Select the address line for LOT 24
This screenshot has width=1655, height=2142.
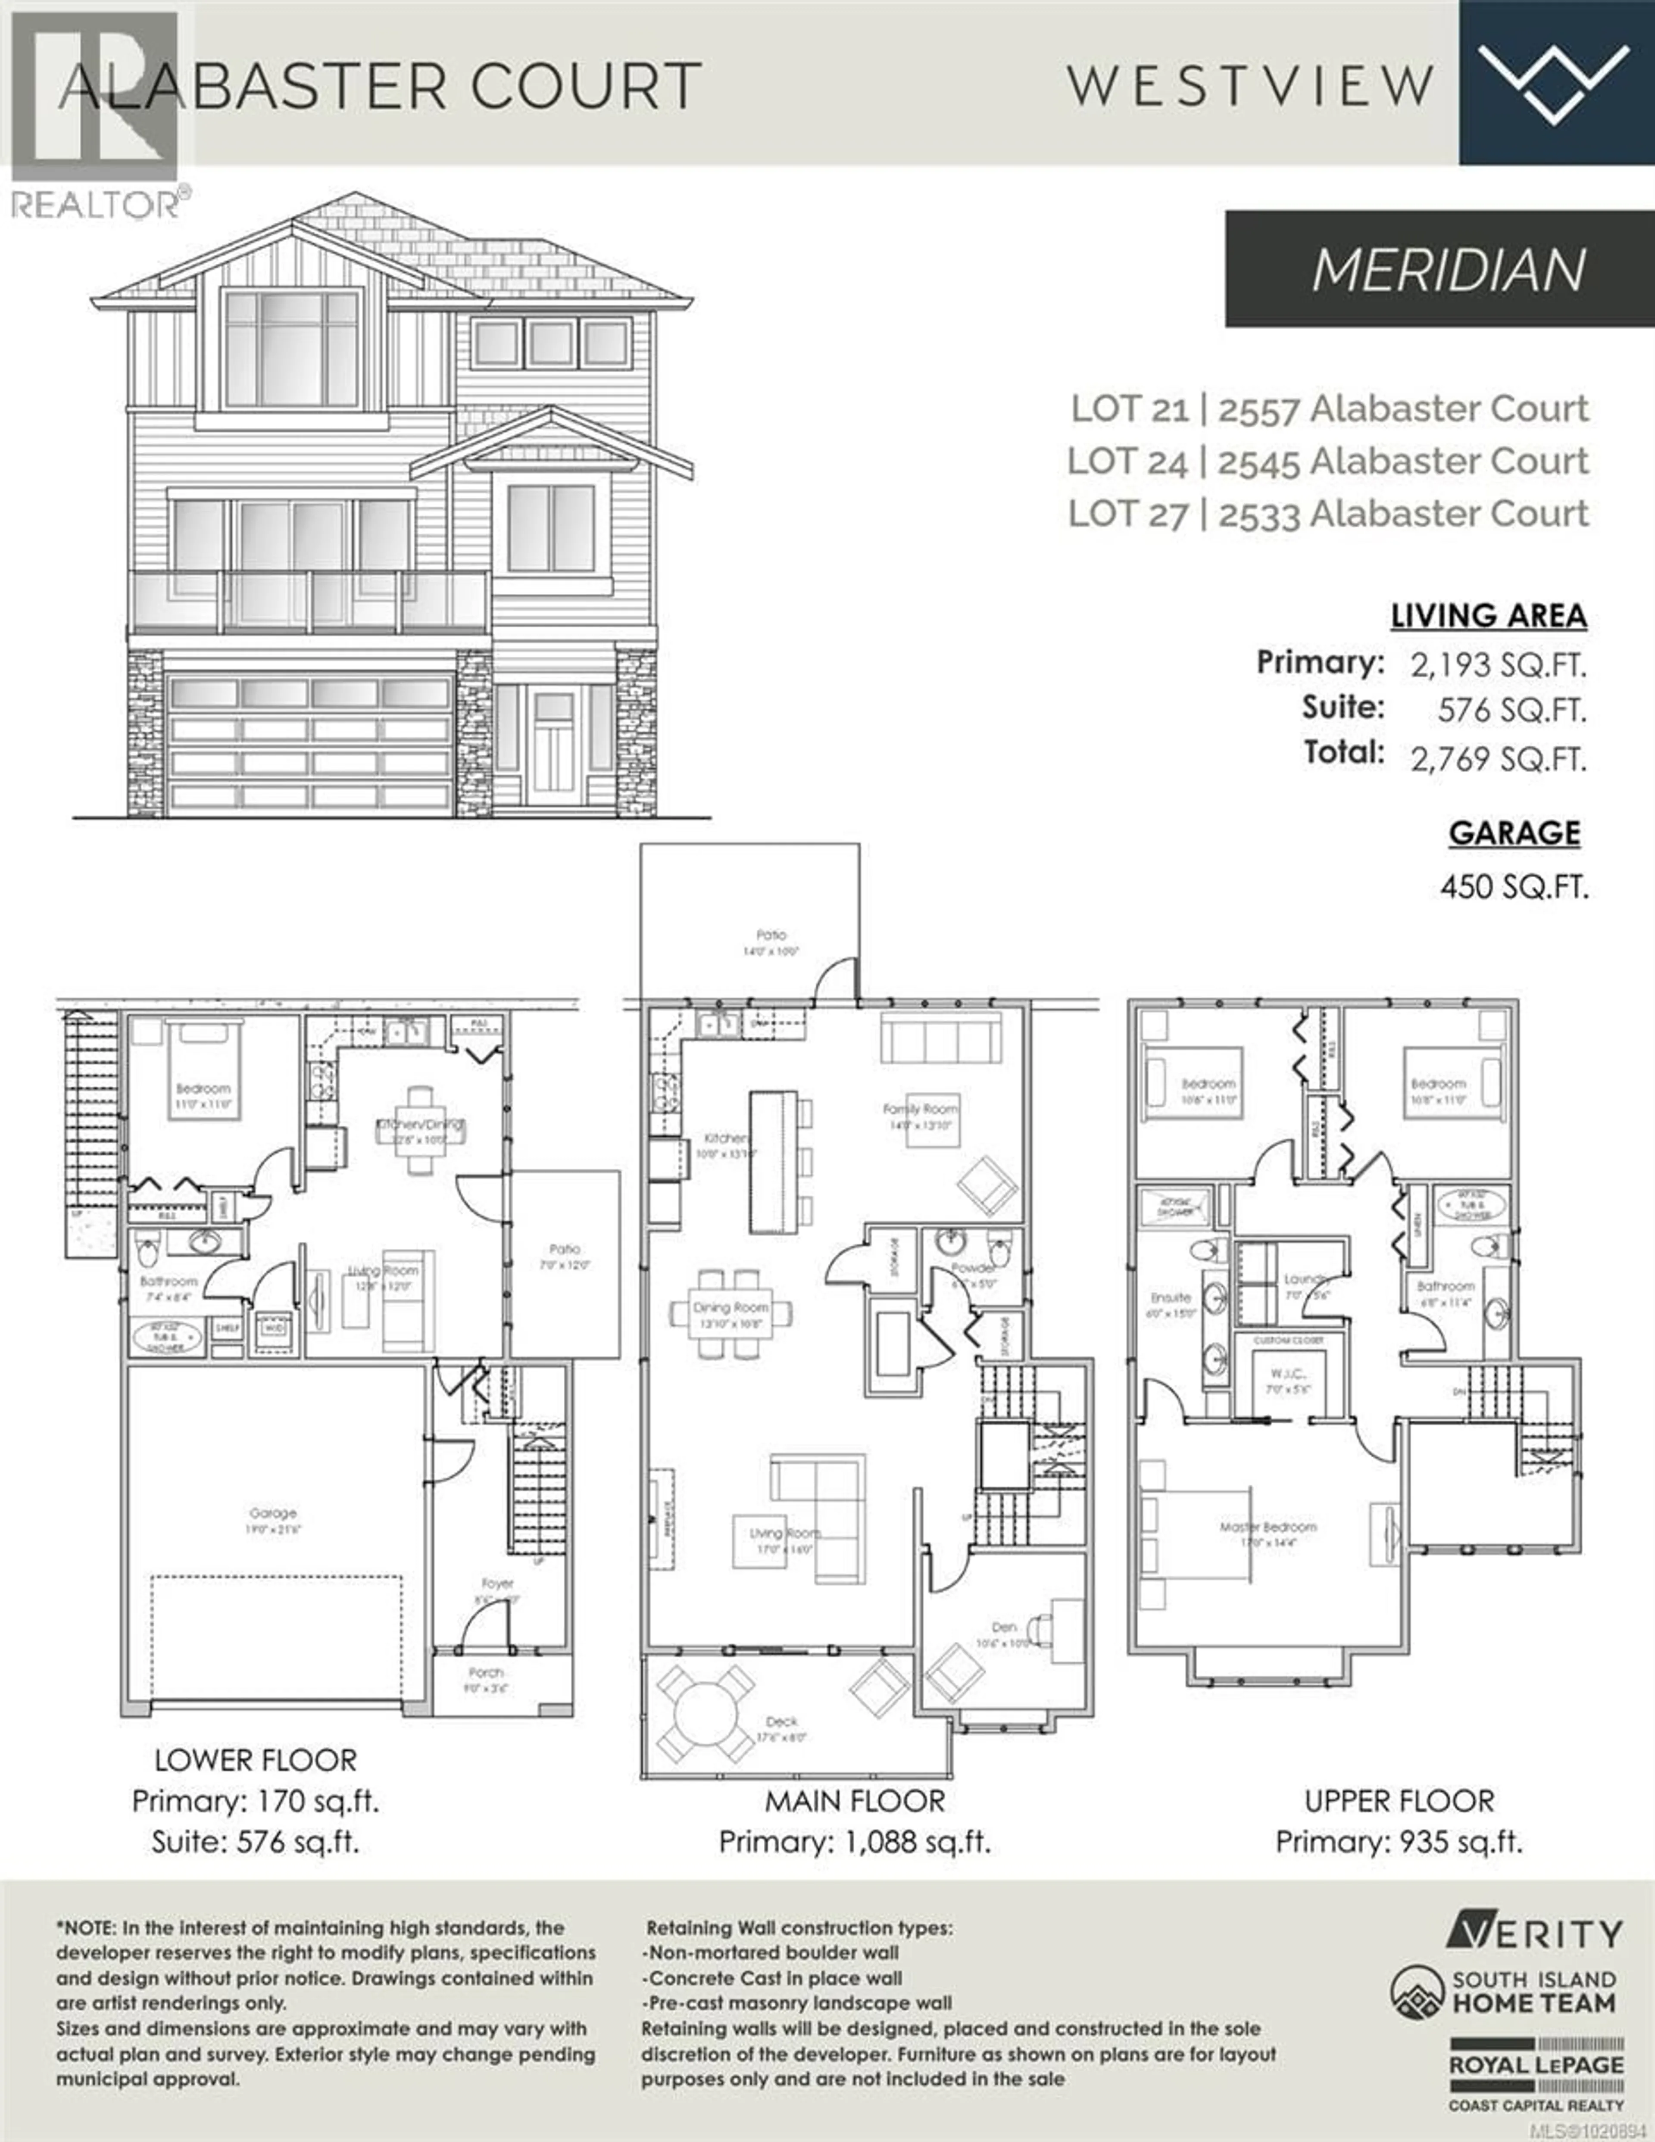(1327, 461)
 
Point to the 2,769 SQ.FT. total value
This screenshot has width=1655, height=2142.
(1498, 758)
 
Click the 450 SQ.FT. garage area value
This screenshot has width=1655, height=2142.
(1514, 887)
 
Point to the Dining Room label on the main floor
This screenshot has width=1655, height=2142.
(731, 1307)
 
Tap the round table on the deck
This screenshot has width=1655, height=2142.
(704, 1716)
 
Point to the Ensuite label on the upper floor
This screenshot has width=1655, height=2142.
(1171, 1297)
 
